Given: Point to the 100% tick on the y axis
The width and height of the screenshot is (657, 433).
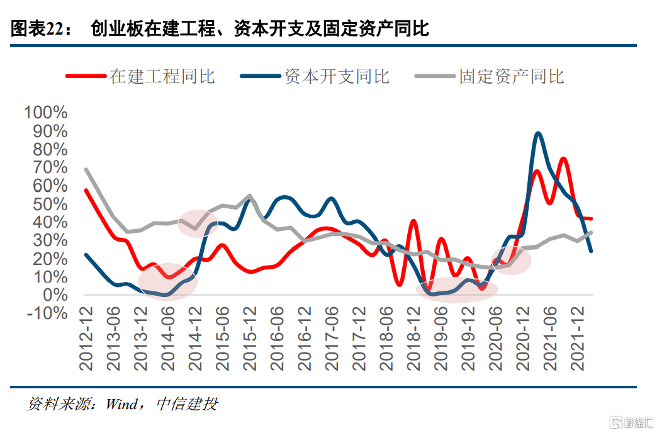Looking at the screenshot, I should [45, 113].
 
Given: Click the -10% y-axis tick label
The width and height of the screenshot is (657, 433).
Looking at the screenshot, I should [45, 313].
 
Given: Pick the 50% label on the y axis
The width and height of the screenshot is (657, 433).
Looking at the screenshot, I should [45, 205].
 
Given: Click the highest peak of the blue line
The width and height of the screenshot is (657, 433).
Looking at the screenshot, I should [538, 133].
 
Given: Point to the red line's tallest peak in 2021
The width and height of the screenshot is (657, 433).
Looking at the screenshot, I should [564, 159].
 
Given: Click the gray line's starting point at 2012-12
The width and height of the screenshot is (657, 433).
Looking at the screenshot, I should [86, 169].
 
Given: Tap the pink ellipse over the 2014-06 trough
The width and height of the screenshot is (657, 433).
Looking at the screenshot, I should [167, 281].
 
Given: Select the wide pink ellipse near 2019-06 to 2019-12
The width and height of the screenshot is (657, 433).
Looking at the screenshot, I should [456, 289].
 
